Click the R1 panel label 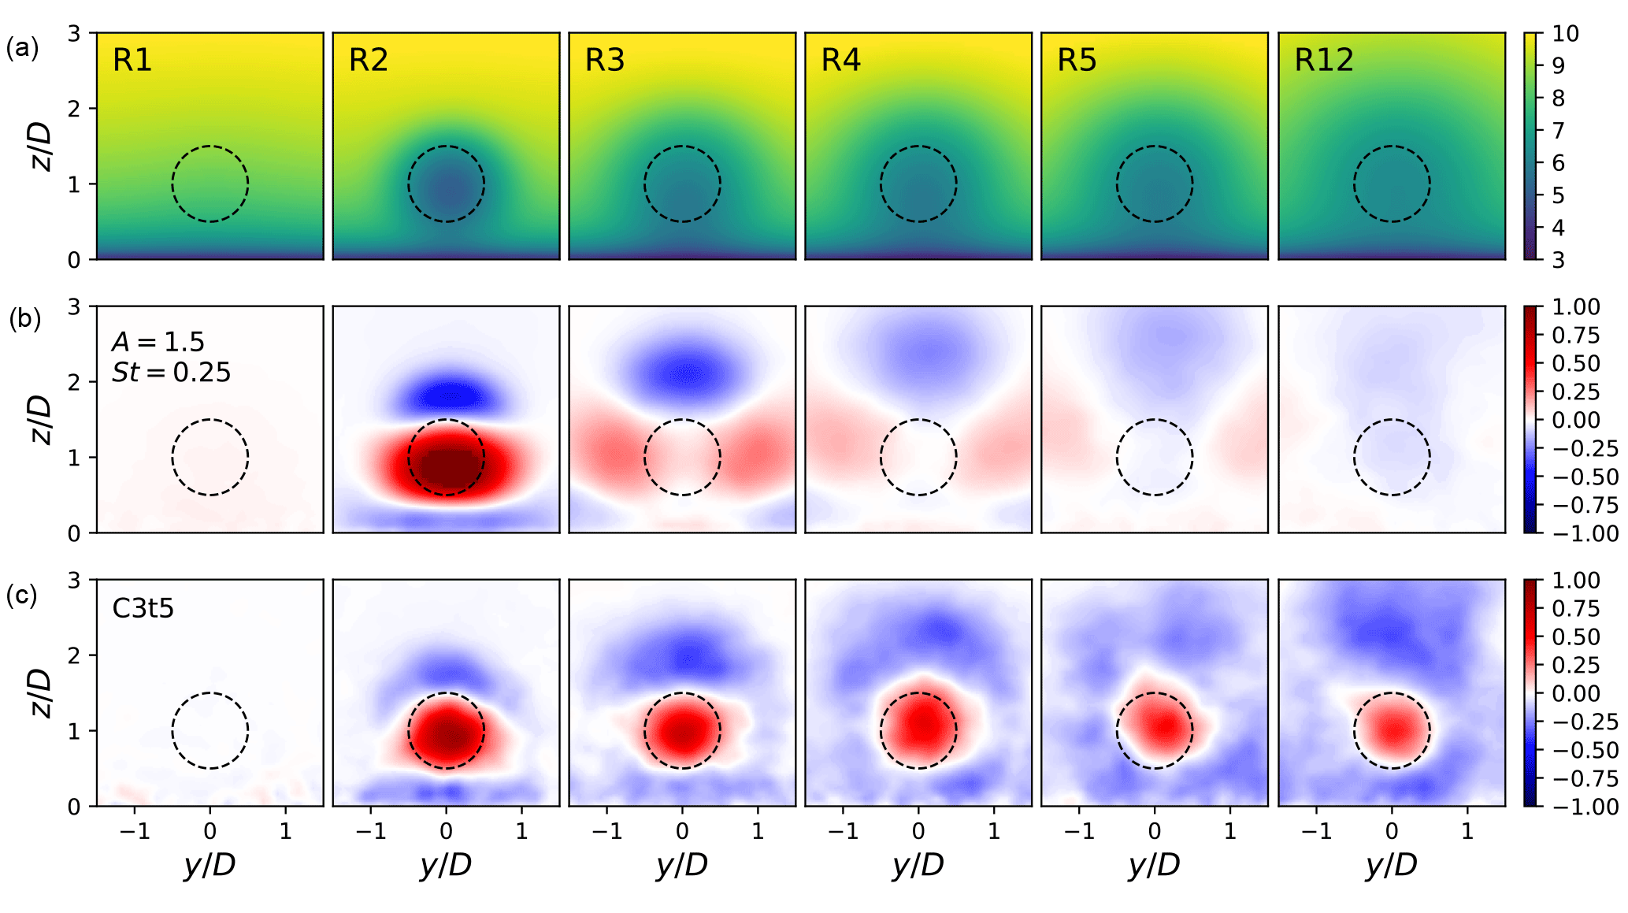[x=132, y=61]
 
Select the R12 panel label [x=1323, y=61]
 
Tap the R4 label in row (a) [x=840, y=61]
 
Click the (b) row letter [x=24, y=319]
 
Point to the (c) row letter [x=22, y=595]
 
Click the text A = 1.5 [x=158, y=342]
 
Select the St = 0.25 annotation [x=171, y=372]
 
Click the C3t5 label [x=143, y=608]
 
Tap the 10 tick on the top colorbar [x=1565, y=34]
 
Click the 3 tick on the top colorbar [x=1558, y=260]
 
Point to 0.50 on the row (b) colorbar [x=1575, y=364]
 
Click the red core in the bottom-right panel [x=1393, y=729]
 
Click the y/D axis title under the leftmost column [x=210, y=865]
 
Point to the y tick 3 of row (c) [x=74, y=581]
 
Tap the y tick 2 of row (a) [x=74, y=109]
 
